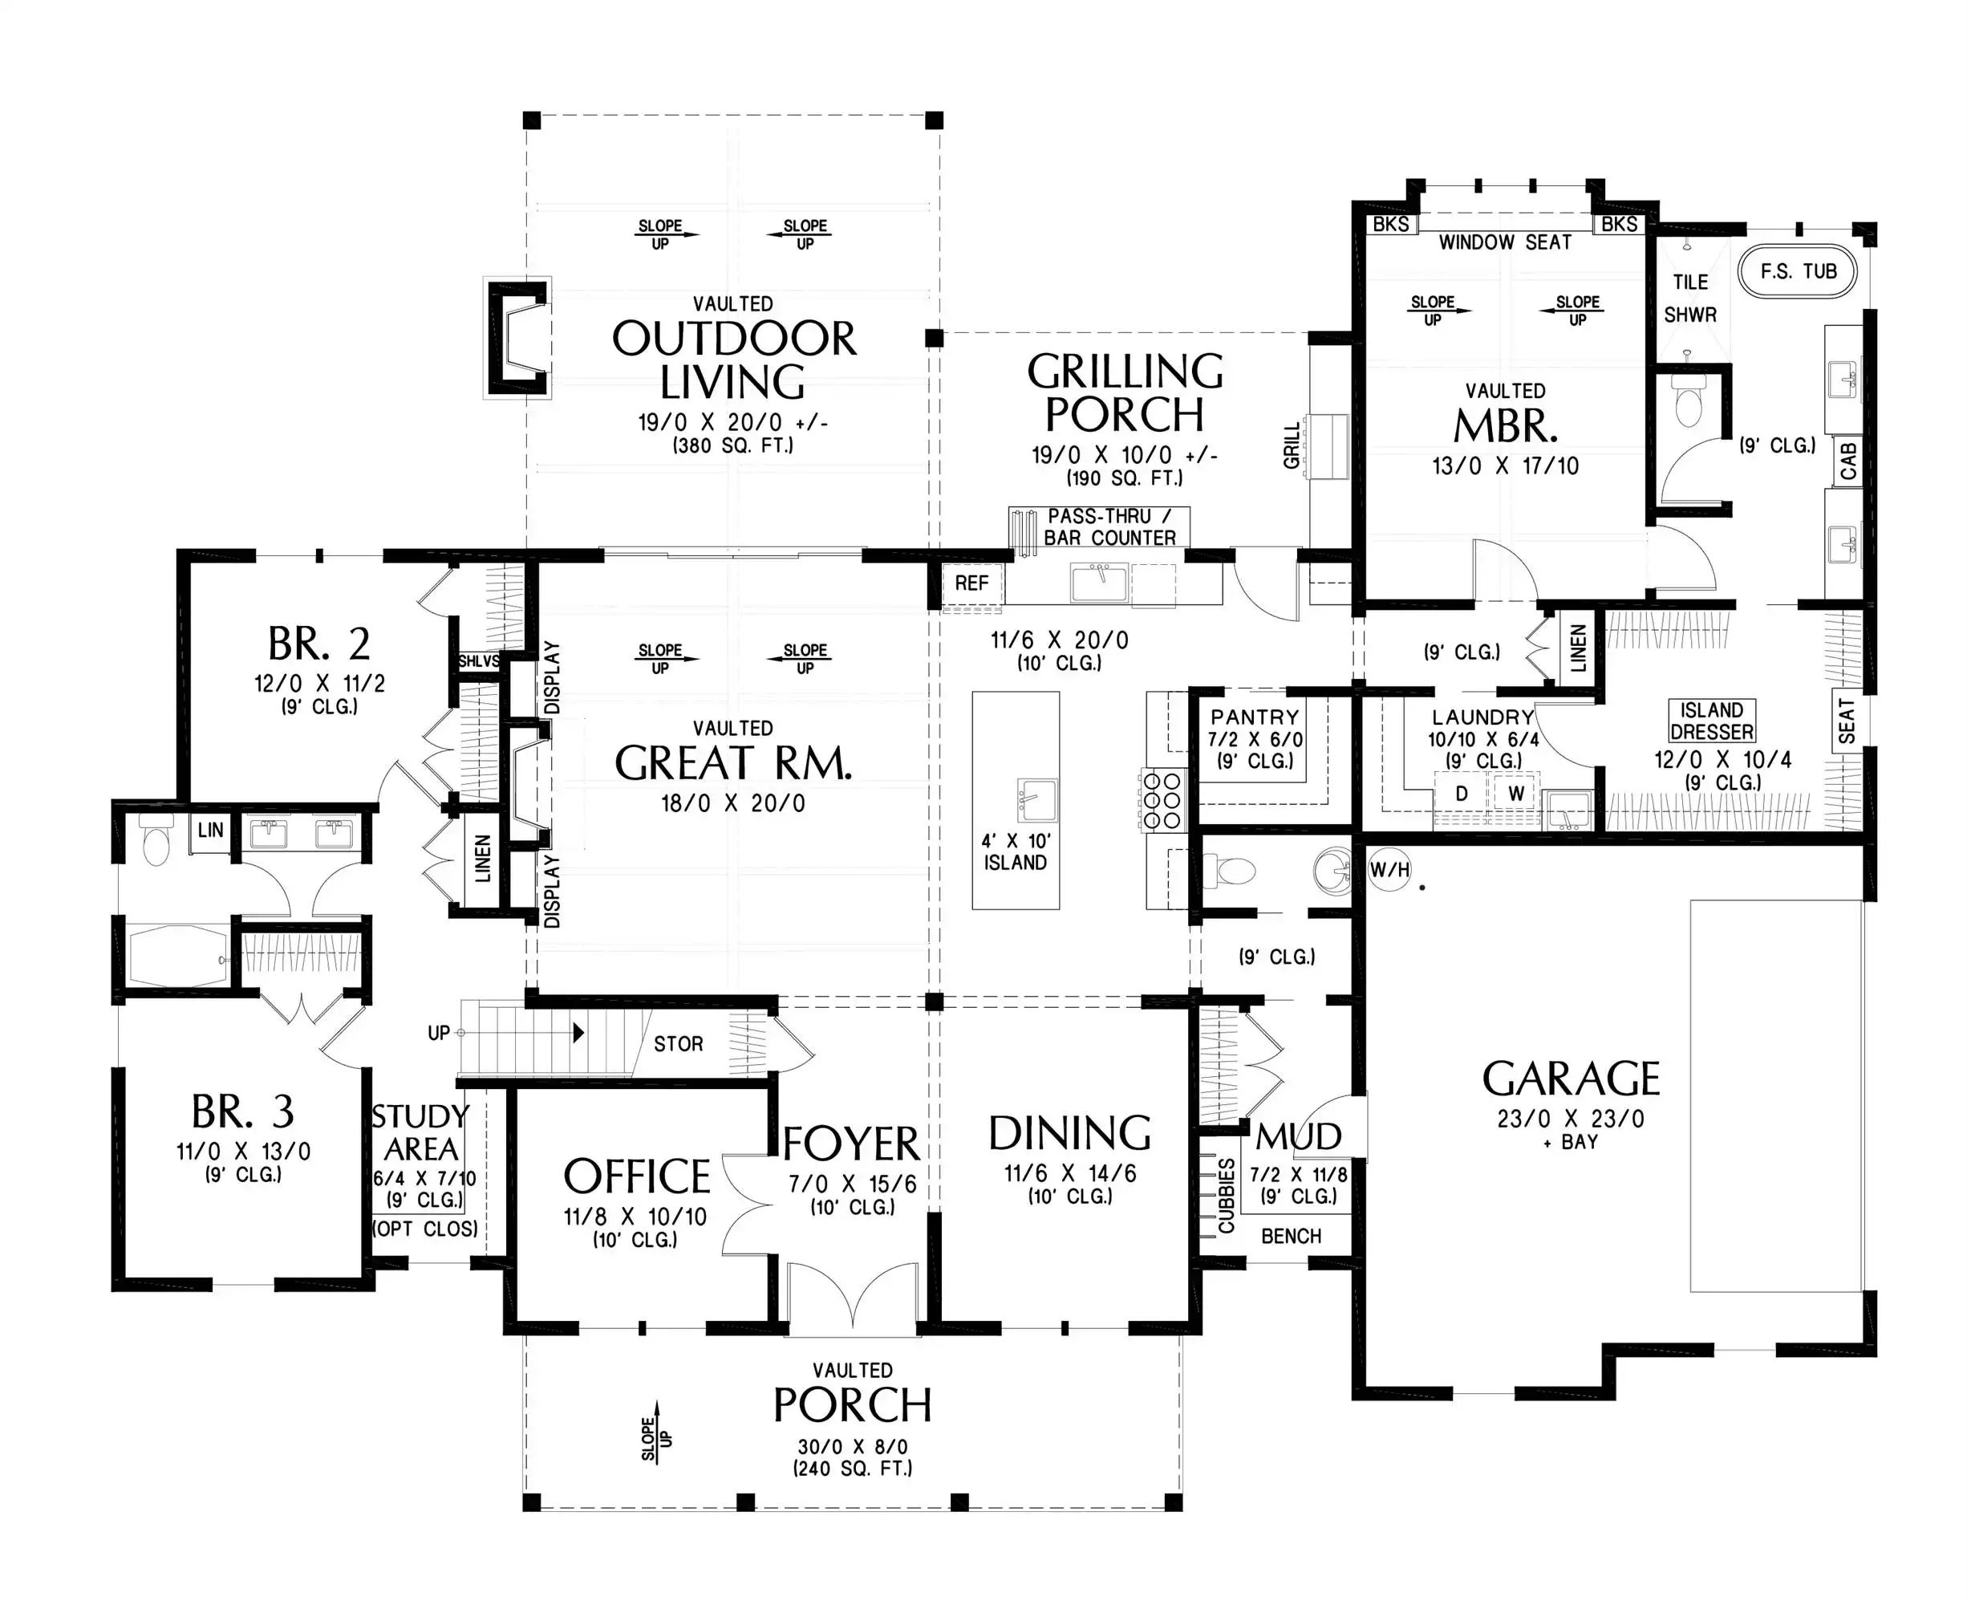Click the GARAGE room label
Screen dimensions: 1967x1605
coord(1571,1078)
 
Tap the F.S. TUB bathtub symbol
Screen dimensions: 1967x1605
coord(1798,271)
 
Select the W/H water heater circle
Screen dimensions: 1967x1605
coord(1389,869)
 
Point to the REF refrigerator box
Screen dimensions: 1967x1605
coord(971,583)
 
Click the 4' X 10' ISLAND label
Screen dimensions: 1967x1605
coord(1015,851)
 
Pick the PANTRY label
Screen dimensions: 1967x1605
coord(1255,717)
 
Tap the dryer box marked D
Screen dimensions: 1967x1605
coord(1462,793)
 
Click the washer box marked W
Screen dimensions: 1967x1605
coord(1516,793)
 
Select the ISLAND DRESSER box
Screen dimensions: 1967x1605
coord(1712,721)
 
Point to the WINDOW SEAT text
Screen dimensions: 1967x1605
coord(1505,242)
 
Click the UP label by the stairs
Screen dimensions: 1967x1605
coord(439,1033)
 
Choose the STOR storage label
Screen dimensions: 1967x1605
coord(679,1044)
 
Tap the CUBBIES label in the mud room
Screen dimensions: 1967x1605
coord(1227,1196)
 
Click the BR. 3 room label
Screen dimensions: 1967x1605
coord(243,1111)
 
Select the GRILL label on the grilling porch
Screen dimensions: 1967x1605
coord(1292,445)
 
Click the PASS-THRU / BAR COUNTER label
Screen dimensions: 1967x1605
coord(1110,527)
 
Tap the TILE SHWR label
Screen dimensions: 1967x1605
coord(1689,298)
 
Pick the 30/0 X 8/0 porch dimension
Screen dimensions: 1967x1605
coord(852,1447)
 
